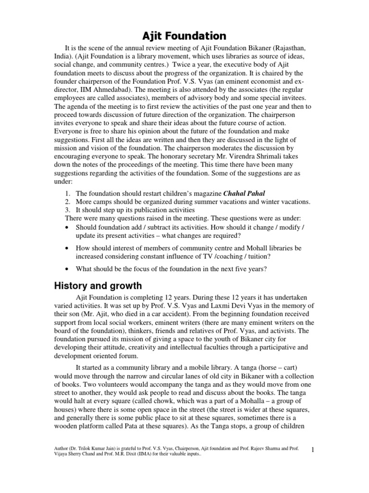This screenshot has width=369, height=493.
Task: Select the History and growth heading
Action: coord(97,286)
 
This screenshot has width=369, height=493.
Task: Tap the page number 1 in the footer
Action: coord(312,450)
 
